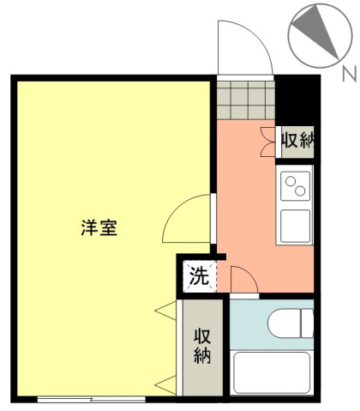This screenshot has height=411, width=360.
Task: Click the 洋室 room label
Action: click(99, 227)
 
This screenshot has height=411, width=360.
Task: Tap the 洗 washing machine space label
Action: click(199, 276)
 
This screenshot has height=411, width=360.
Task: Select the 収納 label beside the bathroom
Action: click(202, 346)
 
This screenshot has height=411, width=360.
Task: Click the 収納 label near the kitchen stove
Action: click(297, 140)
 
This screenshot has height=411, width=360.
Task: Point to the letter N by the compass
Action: click(349, 74)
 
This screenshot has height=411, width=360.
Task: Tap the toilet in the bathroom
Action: click(291, 323)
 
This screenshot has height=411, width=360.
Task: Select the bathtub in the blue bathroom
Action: click(272, 372)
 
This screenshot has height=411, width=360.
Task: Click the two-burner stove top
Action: click(295, 186)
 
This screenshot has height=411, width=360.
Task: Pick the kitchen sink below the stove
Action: click(295, 226)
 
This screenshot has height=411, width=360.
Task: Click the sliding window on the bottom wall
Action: click(92, 399)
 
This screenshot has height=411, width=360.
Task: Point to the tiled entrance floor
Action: click(246, 100)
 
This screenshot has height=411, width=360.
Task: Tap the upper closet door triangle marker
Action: click(165, 311)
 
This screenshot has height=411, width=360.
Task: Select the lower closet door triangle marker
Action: click(165, 385)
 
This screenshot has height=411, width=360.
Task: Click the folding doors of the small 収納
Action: click(268, 142)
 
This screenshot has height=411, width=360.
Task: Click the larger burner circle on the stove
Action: click(300, 190)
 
